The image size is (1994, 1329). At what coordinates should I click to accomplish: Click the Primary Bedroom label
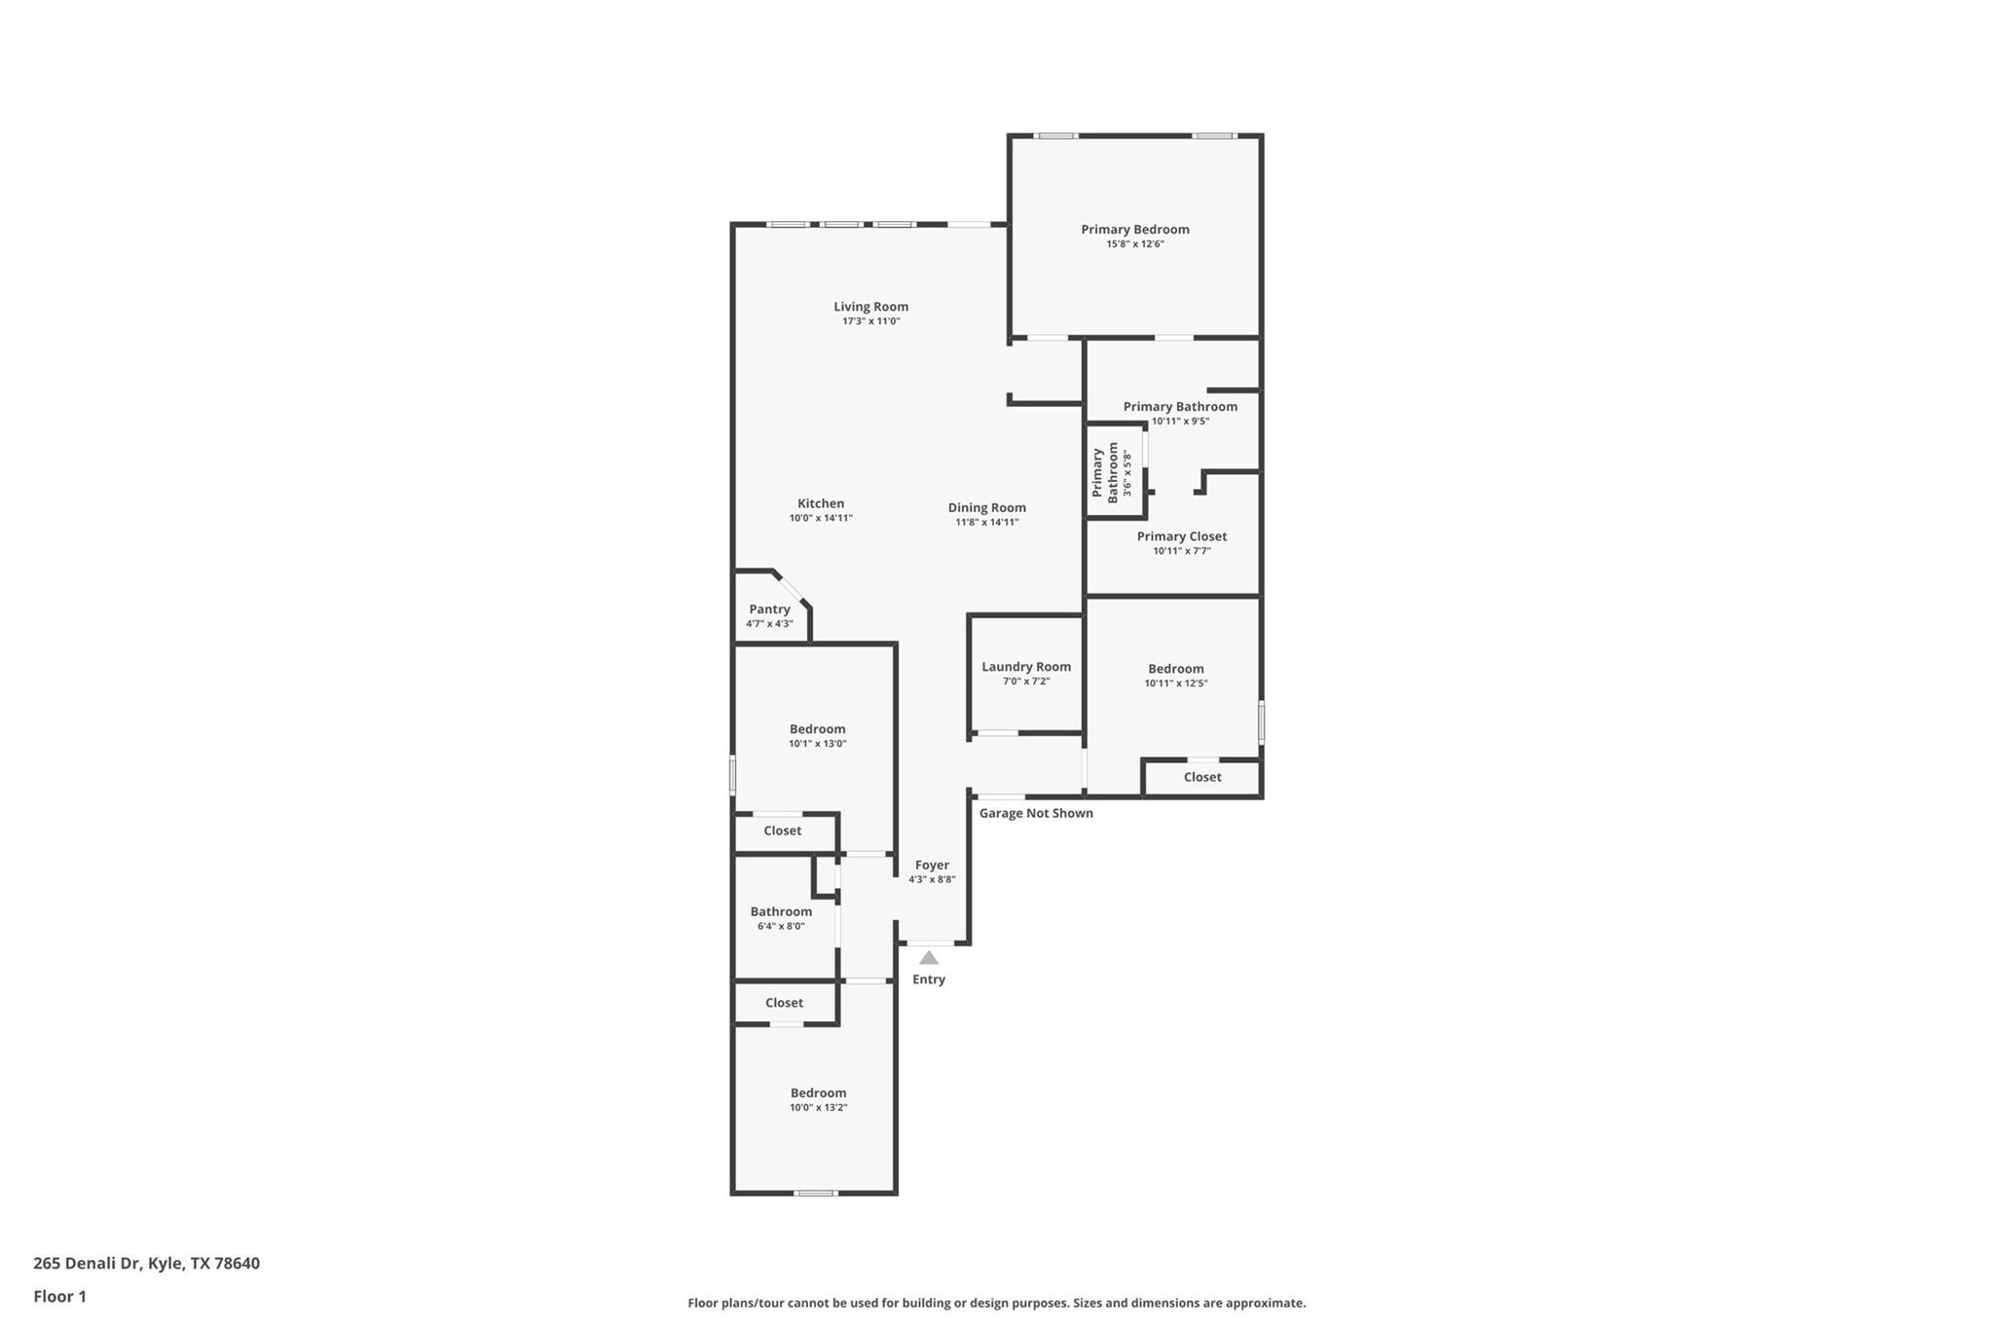[1134, 230]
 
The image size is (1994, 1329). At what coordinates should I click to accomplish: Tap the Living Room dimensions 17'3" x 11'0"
[870, 321]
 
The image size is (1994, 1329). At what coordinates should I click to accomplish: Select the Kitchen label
[821, 503]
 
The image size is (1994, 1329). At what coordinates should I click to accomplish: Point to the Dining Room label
[986, 507]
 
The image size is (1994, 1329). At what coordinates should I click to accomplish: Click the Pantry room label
[769, 609]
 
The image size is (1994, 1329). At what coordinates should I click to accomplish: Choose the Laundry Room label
[1025, 667]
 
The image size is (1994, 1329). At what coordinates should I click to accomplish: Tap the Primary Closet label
[1181, 536]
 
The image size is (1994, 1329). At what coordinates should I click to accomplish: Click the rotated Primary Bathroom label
[1105, 472]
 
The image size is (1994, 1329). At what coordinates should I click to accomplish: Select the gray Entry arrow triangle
[929, 958]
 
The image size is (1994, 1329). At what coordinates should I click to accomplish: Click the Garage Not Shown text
[1035, 813]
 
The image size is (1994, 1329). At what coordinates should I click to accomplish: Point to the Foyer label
[932, 865]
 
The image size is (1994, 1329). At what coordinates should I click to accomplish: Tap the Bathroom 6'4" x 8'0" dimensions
[781, 927]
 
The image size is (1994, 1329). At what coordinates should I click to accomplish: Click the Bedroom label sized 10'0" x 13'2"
[818, 1092]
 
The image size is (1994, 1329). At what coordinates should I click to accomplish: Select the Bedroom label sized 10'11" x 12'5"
[1175, 669]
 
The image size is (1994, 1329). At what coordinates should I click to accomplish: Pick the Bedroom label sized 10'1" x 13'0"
[817, 729]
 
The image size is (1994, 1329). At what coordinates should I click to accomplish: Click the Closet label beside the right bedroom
[1201, 777]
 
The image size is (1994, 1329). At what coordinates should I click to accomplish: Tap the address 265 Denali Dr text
[146, 1264]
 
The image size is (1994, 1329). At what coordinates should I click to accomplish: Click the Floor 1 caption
[59, 1297]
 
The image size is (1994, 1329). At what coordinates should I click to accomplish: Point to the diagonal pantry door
[790, 589]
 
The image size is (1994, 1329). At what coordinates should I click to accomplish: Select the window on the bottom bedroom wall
[815, 1193]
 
